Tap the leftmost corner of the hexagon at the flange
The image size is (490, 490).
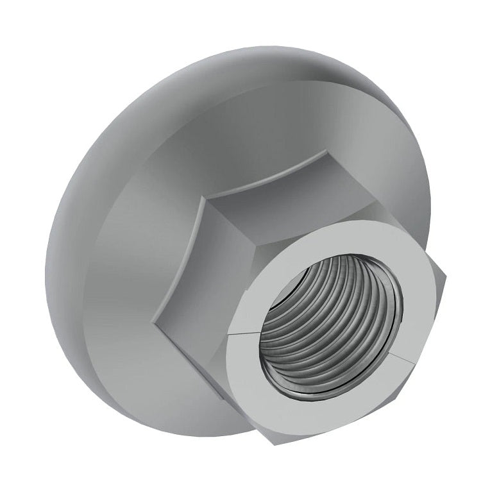coord(152,318)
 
